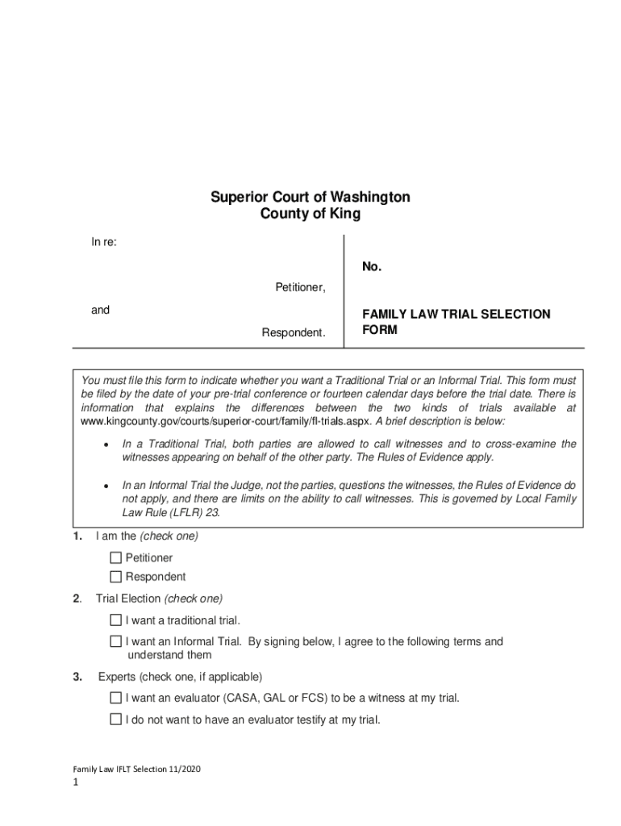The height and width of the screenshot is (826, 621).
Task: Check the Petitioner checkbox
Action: (116, 558)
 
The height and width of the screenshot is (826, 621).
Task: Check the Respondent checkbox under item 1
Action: (116, 577)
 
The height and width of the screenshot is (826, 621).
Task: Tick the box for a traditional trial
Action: (116, 620)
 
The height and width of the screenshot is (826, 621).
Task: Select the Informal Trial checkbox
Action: (116, 642)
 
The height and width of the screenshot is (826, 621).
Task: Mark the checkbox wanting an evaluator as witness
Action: (116, 699)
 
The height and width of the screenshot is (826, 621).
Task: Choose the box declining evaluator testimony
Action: (116, 720)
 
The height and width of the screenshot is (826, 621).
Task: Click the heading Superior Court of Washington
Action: (310, 197)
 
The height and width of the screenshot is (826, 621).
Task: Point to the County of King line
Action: (310, 215)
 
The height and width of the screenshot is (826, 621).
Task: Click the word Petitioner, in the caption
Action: (300, 288)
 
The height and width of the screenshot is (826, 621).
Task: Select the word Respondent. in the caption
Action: (294, 332)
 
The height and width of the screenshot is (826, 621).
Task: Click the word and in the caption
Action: (100, 310)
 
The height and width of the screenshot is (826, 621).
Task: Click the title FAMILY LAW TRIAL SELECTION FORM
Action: (456, 321)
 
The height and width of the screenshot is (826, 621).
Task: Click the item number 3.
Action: (78, 677)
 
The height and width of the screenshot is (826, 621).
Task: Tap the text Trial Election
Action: (128, 599)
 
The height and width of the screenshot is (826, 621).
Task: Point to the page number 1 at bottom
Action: (74, 783)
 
